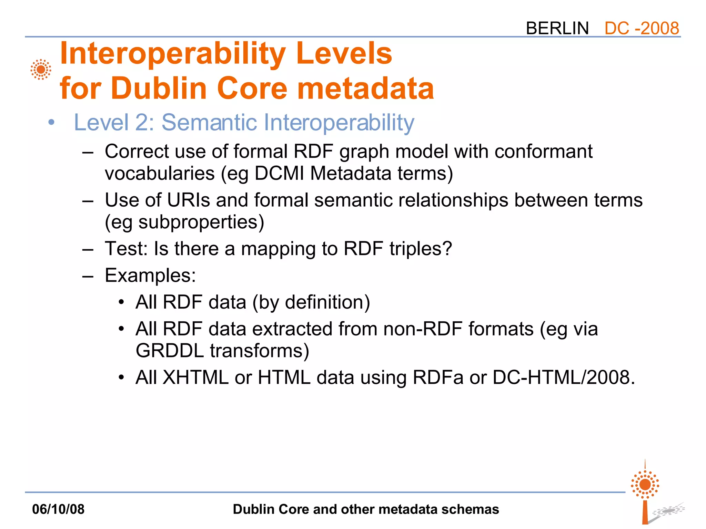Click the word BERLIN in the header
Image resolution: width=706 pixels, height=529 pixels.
pos(557,28)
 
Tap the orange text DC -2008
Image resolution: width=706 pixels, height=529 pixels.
pos(642,28)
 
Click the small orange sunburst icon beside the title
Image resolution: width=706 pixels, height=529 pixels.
pos(41,70)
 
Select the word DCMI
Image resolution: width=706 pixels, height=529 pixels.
pos(279,173)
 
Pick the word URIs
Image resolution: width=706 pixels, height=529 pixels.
pos(188,200)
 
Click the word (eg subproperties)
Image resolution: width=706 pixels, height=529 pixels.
pos(184,222)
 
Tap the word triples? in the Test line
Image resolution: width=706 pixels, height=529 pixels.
pos(421,249)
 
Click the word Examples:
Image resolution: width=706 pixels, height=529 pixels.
pos(150,276)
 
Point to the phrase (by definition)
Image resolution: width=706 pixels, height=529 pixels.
pos(311,302)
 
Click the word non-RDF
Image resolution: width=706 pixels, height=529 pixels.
pos(423,329)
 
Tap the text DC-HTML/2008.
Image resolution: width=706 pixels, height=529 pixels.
pos(563,377)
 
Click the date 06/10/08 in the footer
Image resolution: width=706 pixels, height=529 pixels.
pos(58,509)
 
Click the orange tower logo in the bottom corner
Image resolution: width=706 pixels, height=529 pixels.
pos(645,492)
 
